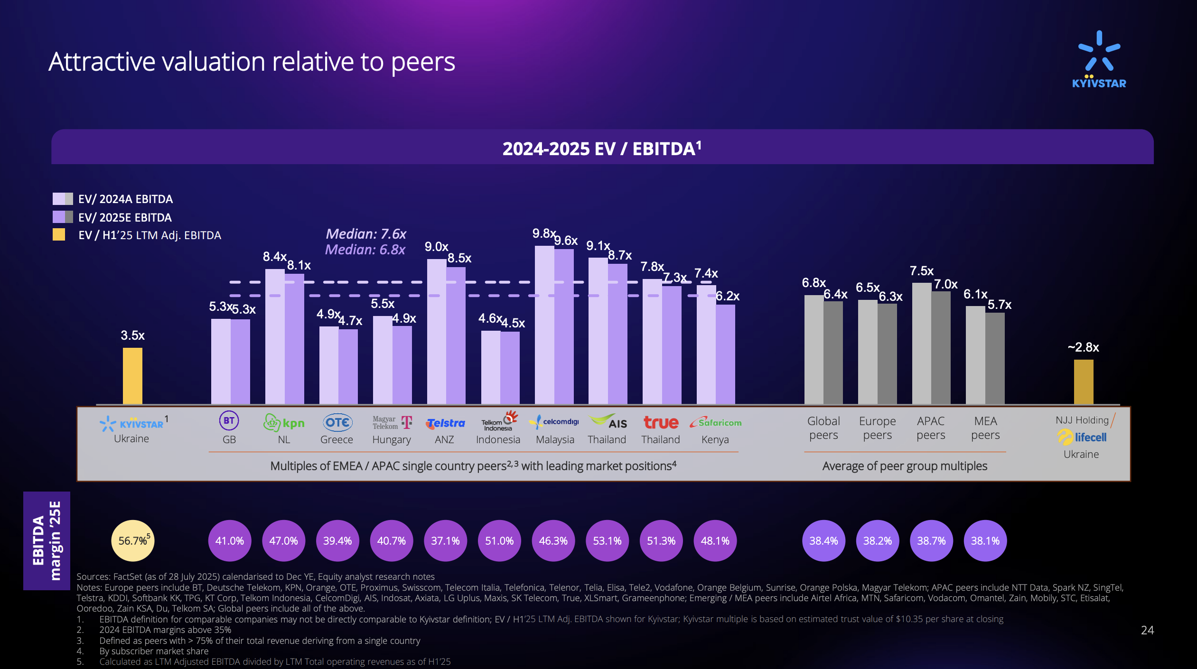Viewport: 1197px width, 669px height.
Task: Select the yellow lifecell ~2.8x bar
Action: tap(1084, 381)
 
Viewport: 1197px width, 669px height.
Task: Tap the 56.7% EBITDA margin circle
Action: tap(133, 540)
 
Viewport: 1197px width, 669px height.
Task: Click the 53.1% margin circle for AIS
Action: tap(607, 540)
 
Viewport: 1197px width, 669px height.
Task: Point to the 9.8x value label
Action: tap(543, 233)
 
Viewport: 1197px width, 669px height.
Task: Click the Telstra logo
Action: tap(445, 423)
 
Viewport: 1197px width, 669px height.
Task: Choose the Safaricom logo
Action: tap(715, 422)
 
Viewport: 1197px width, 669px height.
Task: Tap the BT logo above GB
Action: tap(229, 421)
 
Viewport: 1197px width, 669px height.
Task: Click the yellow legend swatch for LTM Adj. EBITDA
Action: tap(59, 235)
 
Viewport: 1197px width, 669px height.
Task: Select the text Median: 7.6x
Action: tap(365, 234)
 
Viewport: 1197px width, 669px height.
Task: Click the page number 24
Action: tap(1147, 630)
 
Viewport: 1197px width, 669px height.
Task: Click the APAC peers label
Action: tap(931, 428)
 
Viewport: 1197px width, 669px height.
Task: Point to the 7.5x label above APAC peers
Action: tap(921, 271)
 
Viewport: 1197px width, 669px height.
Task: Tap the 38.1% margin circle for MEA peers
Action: tap(985, 540)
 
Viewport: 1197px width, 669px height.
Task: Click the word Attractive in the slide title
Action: tap(102, 62)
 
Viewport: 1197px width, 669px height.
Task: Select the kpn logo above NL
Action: tap(284, 422)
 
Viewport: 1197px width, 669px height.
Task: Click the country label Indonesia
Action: tap(498, 440)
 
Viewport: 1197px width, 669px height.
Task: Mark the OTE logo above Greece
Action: tap(337, 422)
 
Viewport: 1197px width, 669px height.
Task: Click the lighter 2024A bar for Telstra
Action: tap(436, 332)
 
